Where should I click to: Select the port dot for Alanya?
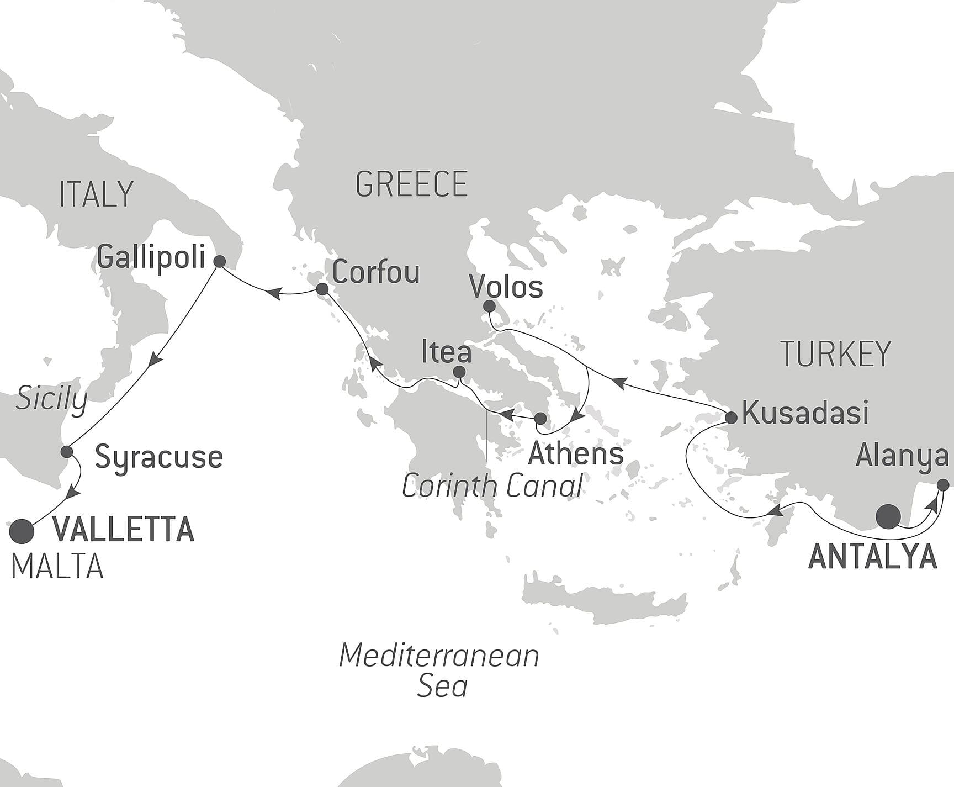click(x=944, y=485)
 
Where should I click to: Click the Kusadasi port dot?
click(x=731, y=418)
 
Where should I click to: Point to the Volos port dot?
click(x=489, y=306)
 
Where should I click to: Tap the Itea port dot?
click(x=459, y=372)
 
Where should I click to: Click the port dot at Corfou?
click(x=322, y=289)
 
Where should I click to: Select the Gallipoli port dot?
click(x=219, y=261)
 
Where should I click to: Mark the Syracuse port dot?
click(x=67, y=451)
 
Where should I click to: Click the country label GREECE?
click(x=411, y=184)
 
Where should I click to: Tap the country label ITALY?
click(x=97, y=194)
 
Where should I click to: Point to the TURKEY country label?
click(x=835, y=353)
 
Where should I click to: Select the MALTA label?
click(x=57, y=566)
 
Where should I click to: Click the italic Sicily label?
click(x=51, y=399)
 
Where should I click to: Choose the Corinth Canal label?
click(x=492, y=486)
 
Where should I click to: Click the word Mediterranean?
click(x=439, y=656)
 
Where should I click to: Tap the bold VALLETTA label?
click(x=123, y=529)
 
